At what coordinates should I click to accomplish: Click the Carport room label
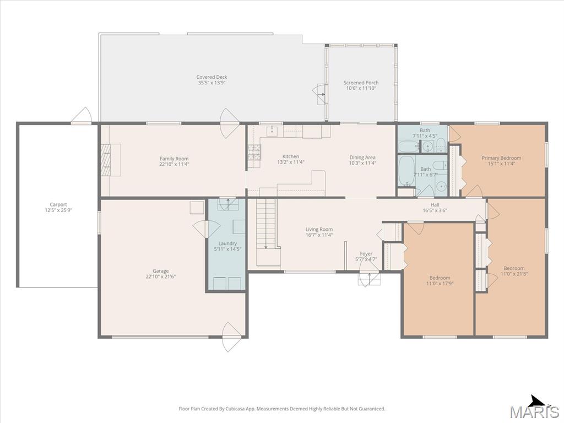(58, 205)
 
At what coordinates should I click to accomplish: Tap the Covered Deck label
(211, 77)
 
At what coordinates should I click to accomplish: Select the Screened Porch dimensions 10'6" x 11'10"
(361, 88)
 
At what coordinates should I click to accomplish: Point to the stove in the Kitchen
(254, 152)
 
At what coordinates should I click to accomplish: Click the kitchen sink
(272, 131)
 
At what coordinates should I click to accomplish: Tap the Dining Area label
(362, 157)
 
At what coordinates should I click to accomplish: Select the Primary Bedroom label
(501, 158)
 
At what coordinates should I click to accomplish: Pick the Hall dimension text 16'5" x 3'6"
(435, 211)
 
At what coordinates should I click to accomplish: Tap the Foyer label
(366, 253)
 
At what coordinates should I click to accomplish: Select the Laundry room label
(227, 243)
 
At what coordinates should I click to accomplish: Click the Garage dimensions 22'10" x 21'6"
(160, 276)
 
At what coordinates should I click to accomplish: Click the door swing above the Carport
(82, 115)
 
